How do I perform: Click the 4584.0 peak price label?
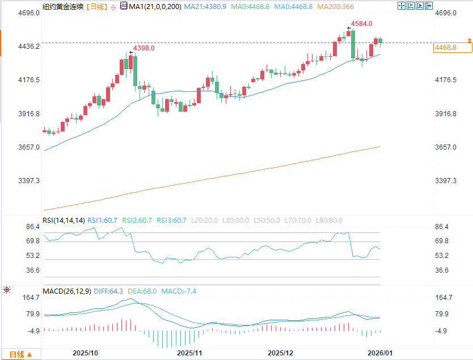[x=362, y=24]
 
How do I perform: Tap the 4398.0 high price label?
[x=143, y=49]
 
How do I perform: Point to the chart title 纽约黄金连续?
[x=62, y=7]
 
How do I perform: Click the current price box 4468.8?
[x=446, y=48]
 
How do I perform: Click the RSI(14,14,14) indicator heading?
[x=64, y=221]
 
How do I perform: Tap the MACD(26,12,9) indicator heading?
[x=67, y=291]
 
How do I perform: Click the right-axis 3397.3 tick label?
[x=446, y=181]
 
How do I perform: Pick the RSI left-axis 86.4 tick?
[x=32, y=227]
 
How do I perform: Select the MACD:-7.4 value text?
[x=179, y=291]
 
